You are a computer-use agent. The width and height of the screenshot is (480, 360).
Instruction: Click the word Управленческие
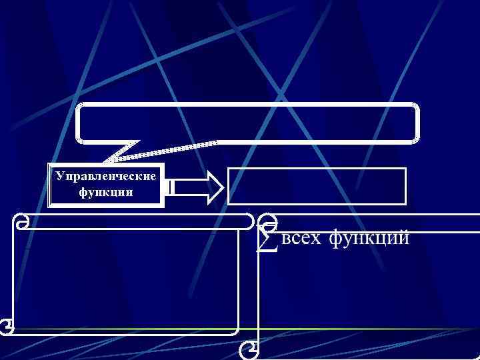point(106,177)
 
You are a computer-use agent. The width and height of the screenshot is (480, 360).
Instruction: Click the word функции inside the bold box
point(106,192)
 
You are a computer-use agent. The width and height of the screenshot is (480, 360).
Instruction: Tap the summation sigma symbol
point(265,240)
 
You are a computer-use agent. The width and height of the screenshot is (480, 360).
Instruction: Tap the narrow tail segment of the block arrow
point(171,187)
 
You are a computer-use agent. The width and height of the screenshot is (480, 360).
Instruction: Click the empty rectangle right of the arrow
point(317,185)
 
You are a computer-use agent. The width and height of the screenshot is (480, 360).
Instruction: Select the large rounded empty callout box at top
point(247,123)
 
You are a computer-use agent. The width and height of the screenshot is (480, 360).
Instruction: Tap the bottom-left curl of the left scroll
point(7,325)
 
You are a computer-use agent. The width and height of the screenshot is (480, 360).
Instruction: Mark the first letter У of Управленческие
point(60,177)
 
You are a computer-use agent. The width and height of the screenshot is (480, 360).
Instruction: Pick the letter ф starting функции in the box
point(83,192)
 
